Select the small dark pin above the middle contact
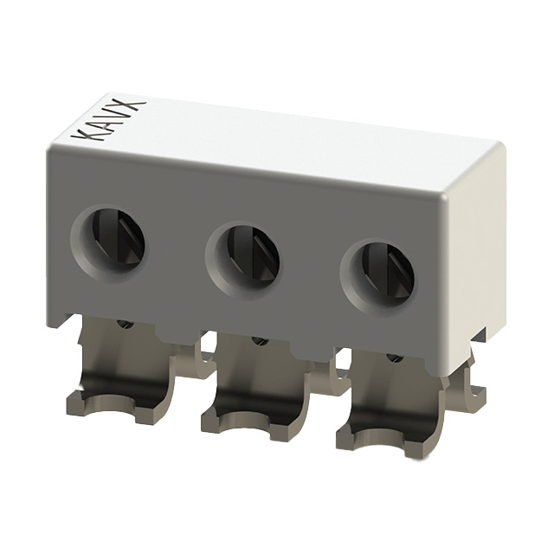coord(258,340)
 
